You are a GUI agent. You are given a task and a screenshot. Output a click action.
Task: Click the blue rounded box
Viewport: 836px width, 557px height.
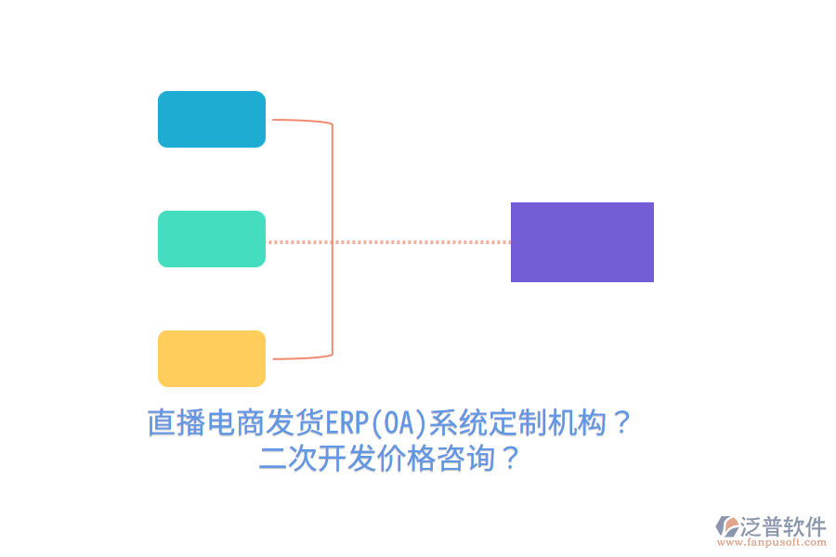[x=212, y=119]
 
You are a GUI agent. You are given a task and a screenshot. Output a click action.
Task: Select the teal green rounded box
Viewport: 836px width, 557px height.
[x=212, y=239]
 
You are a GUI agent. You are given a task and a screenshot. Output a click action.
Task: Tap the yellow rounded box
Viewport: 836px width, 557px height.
[x=212, y=358]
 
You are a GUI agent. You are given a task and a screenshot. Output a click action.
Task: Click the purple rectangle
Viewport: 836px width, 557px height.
[x=582, y=241]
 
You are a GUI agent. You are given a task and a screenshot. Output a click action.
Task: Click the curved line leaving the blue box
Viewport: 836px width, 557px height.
[x=302, y=121]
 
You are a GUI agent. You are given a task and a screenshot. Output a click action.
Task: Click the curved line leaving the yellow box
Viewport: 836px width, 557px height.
[x=302, y=357]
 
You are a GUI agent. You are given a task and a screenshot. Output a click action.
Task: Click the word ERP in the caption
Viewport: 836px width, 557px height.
[x=346, y=424]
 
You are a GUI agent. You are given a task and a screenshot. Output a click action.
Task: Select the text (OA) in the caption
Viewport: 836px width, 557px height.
[x=398, y=424]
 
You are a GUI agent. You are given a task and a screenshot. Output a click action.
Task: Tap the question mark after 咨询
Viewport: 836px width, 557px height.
[x=509, y=459]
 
